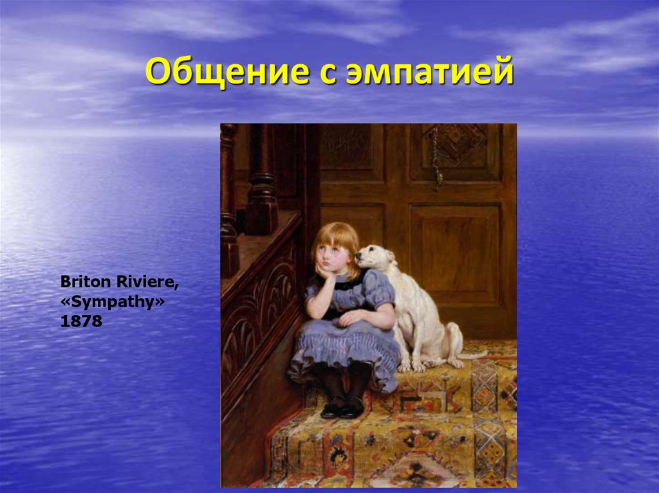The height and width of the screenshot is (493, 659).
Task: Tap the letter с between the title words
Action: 315,73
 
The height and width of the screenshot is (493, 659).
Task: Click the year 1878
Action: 81,321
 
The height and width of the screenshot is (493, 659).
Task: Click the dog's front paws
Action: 412,366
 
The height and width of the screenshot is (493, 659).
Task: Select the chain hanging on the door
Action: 436,157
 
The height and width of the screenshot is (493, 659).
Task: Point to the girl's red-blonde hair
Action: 334,234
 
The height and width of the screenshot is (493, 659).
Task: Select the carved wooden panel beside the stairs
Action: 257,321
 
